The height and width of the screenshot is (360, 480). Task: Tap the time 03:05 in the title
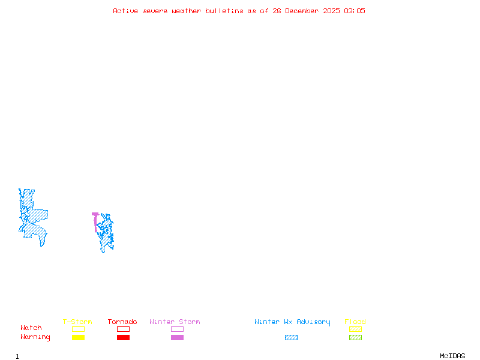[355, 11]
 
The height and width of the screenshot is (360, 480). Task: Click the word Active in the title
[126, 11]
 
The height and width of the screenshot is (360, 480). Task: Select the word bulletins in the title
[224, 11]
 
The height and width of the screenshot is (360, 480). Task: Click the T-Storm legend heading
[77, 322]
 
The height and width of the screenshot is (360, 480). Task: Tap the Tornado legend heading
[122, 322]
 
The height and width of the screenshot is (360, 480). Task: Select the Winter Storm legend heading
[175, 322]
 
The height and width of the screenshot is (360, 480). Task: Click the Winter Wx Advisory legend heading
[292, 322]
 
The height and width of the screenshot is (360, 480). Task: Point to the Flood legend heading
[355, 322]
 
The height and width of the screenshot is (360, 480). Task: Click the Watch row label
[31, 328]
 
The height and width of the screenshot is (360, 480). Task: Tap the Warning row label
[35, 337]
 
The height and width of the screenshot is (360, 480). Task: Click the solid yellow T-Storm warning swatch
[78, 338]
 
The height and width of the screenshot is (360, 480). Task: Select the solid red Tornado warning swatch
[123, 338]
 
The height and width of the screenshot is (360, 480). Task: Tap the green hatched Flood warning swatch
[355, 338]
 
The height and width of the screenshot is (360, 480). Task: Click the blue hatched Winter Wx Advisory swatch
[291, 338]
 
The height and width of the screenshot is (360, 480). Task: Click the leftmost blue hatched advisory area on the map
[34, 216]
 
